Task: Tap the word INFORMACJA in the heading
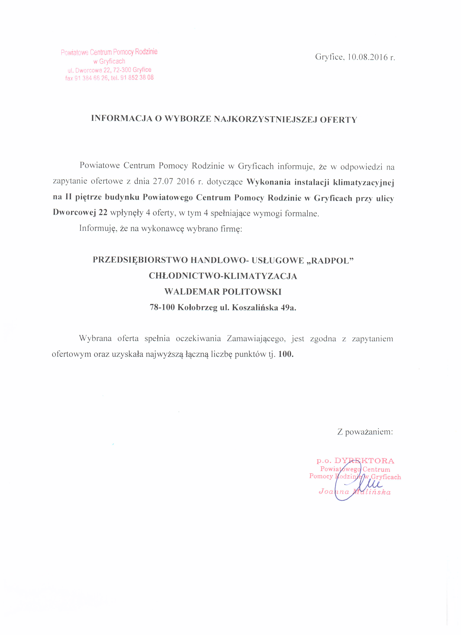(122, 118)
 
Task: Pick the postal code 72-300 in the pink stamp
(122, 70)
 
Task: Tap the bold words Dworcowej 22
(80, 213)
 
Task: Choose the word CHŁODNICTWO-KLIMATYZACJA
(223, 276)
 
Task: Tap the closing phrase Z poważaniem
(365, 432)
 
